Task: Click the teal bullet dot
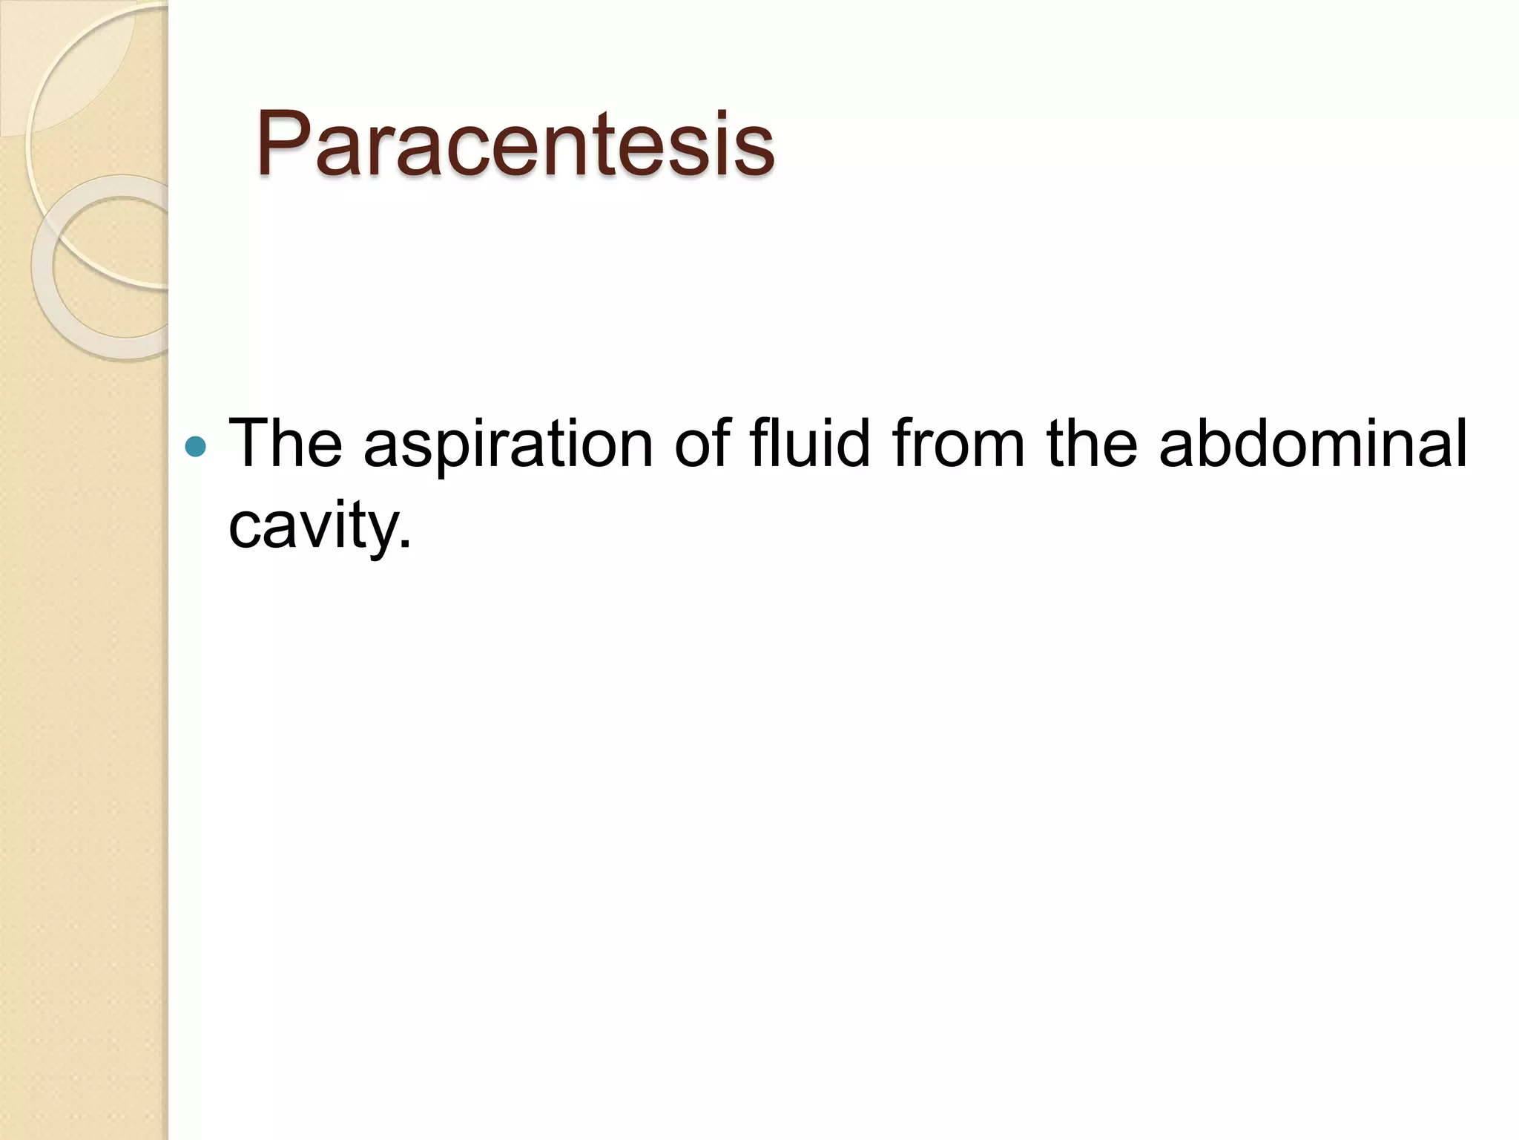click(195, 446)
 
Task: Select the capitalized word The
click(286, 443)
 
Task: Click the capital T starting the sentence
click(248, 443)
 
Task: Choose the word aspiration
click(508, 445)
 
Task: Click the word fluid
click(809, 443)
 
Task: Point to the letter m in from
click(998, 449)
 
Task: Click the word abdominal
click(1312, 443)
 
